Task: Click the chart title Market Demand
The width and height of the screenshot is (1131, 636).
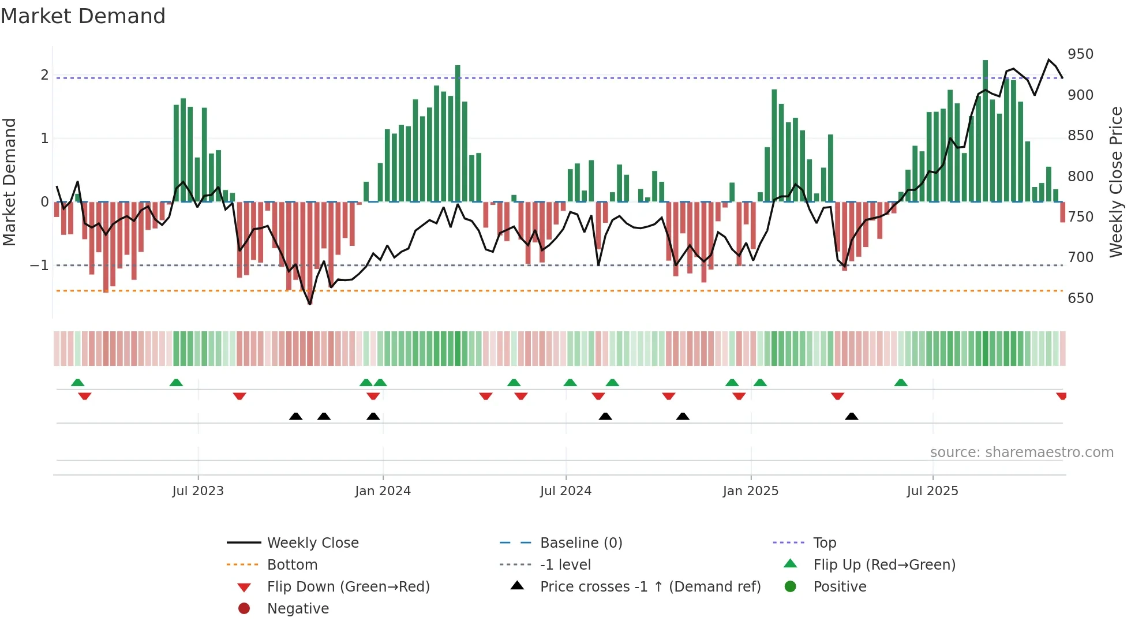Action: (x=83, y=16)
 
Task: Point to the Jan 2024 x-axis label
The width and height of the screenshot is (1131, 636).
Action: (x=383, y=491)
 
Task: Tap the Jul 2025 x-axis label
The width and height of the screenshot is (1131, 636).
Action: (x=932, y=491)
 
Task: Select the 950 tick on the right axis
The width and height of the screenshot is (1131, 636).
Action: (x=1080, y=54)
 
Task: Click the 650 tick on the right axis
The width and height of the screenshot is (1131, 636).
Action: (x=1080, y=298)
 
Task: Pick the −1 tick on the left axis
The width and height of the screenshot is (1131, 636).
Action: (x=39, y=265)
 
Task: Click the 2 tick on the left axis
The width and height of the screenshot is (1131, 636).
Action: (x=44, y=75)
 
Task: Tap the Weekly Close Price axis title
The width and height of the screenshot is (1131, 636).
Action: (x=1116, y=182)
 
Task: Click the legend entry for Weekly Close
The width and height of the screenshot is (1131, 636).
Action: (x=312, y=543)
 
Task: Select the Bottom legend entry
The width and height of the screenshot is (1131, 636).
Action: (x=292, y=565)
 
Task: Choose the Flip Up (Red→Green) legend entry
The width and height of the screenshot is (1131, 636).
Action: (x=884, y=565)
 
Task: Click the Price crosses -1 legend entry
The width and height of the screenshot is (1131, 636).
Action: (x=650, y=587)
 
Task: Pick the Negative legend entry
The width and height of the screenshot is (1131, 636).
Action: (x=298, y=609)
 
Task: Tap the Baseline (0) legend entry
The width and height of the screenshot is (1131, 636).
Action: (x=581, y=543)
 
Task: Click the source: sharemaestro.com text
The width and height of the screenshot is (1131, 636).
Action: (x=1021, y=452)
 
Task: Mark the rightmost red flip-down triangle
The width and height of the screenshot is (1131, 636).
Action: (x=1061, y=396)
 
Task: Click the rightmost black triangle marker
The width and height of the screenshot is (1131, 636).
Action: (x=851, y=416)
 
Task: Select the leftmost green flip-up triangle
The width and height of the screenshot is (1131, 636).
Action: (x=77, y=383)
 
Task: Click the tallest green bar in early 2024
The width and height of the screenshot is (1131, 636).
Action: (x=458, y=133)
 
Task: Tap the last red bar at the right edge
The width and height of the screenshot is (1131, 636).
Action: (x=1062, y=212)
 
